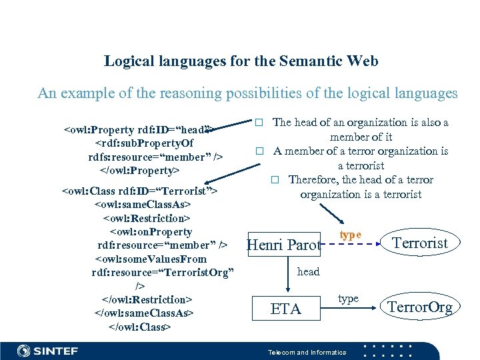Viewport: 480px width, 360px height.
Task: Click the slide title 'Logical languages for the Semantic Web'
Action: pos(241,61)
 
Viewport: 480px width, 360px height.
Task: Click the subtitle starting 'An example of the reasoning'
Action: pos(247,93)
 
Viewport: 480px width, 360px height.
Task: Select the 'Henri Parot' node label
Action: pos(283,245)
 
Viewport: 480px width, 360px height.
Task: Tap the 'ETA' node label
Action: pos(285,309)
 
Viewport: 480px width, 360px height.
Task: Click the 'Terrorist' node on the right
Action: pos(420,243)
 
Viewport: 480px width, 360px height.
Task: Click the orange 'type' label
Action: pos(350,235)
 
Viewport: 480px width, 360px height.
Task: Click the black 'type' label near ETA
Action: pos(348,299)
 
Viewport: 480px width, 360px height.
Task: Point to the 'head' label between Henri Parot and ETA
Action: pos(308,271)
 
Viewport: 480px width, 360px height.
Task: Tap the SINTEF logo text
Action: pos(47,351)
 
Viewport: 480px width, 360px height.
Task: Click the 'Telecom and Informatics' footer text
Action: pos(307,352)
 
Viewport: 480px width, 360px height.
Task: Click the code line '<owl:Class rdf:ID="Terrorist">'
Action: pos(140,191)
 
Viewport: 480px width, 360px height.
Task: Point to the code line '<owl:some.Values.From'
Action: pos(151,259)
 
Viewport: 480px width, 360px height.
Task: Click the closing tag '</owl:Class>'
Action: pos(139,327)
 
